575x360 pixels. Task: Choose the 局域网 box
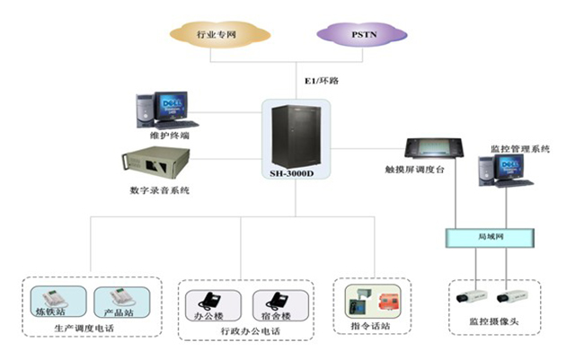(x=489, y=237)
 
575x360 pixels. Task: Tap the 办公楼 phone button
(x=211, y=305)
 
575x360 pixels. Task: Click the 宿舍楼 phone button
(x=274, y=305)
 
